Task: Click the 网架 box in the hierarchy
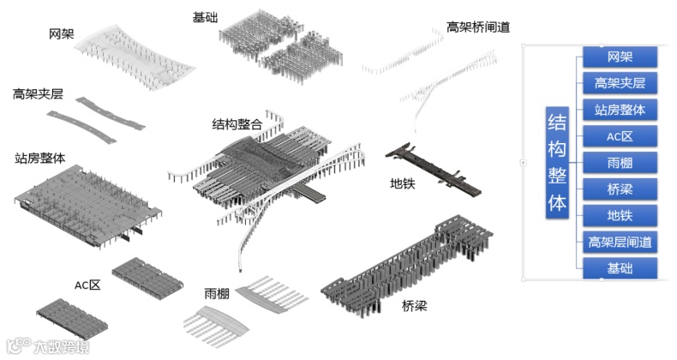click(620, 57)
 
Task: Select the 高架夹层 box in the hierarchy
click(620, 83)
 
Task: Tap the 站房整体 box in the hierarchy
click(620, 110)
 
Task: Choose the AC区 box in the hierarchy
click(620, 136)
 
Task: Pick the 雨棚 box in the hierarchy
click(620, 163)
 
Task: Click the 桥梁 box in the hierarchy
click(620, 189)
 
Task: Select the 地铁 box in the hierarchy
click(620, 215)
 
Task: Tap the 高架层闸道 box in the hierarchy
click(620, 242)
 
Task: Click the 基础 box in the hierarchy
click(620, 268)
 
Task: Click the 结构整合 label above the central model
click(237, 124)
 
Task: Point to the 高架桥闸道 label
click(478, 27)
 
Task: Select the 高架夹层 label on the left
click(38, 93)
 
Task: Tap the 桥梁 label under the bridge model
click(415, 305)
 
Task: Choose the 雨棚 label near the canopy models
click(217, 293)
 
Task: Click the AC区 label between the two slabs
click(87, 285)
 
